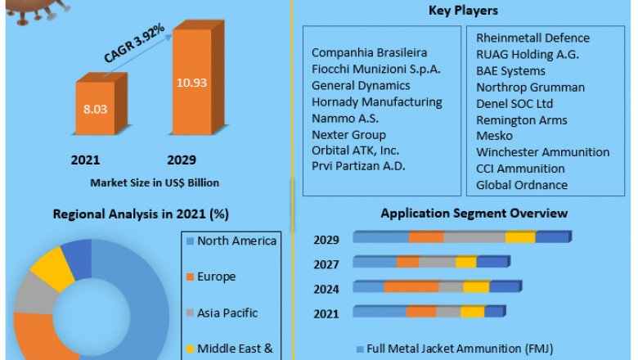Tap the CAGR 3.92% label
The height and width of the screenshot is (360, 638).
[134, 43]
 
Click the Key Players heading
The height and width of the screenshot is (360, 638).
[463, 11]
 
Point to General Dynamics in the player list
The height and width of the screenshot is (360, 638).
[361, 85]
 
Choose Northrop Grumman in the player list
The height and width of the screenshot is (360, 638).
[530, 87]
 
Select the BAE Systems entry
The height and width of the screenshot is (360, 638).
[510, 70]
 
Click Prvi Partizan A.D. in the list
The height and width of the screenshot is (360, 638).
[358, 166]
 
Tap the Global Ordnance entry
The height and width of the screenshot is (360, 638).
[521, 185]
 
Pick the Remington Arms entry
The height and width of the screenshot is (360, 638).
[521, 119]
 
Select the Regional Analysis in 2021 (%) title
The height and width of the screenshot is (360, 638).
[140, 214]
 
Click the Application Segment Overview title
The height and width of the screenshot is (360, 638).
[474, 214]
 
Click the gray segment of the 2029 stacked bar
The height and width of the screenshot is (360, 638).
[474, 237]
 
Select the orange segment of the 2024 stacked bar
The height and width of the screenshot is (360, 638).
[410, 287]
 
